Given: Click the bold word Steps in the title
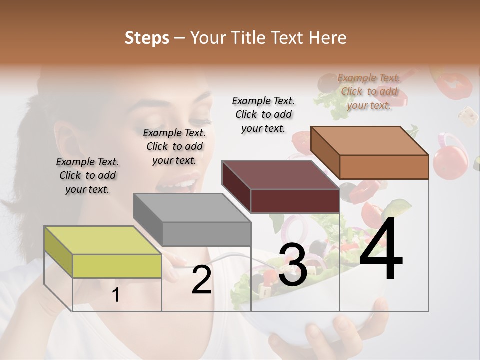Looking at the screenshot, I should click(147, 38).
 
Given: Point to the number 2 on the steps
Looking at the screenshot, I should click(201, 280).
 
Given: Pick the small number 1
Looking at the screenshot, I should click(116, 295).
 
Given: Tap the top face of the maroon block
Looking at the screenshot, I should click(280, 175).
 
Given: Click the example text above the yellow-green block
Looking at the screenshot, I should click(87, 175).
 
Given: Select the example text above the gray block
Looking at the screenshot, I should click(174, 146).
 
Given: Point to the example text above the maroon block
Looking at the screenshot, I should click(263, 114).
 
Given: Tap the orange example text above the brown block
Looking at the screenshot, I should click(369, 91).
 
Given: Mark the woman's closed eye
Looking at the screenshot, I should click(199, 120).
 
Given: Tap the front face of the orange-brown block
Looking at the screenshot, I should click(383, 167).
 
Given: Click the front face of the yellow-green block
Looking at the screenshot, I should click(117, 266).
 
